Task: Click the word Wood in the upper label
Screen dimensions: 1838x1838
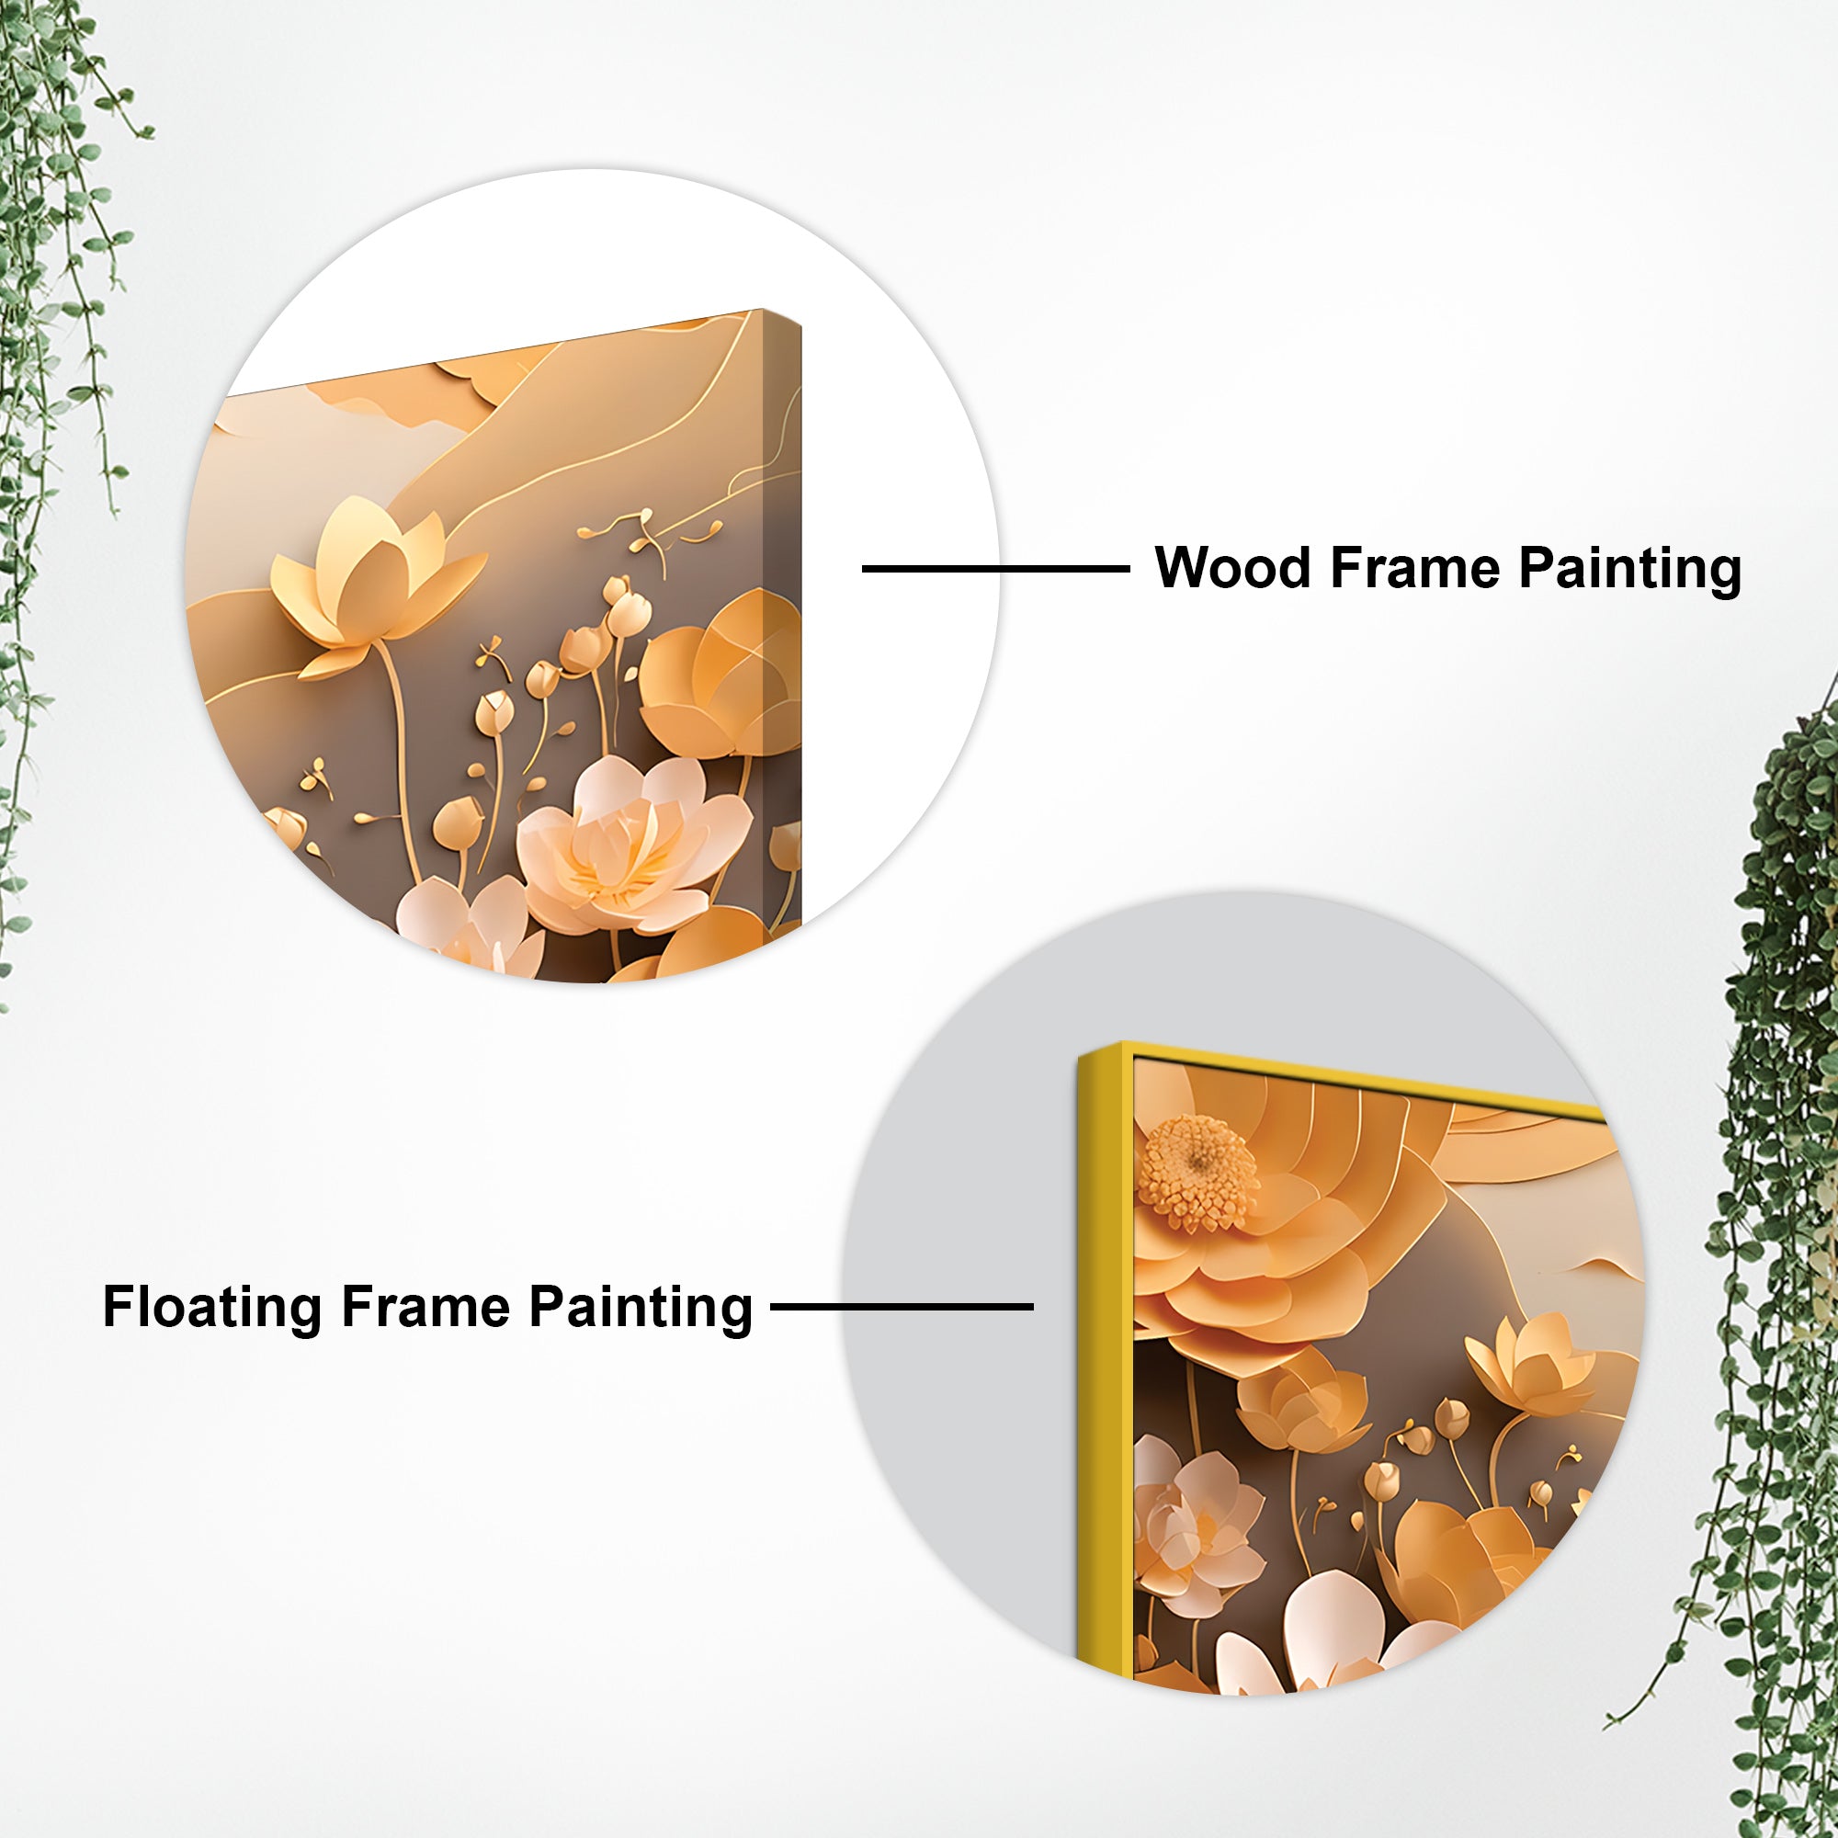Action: point(1234,568)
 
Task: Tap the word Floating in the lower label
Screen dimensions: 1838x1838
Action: point(212,1307)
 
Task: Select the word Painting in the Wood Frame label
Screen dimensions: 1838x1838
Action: point(1629,570)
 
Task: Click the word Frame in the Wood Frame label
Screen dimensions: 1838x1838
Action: point(1415,568)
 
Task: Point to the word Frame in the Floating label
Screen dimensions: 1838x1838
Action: point(426,1307)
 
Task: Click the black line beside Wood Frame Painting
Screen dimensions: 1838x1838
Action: point(995,569)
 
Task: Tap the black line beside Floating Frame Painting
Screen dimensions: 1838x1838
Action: point(901,1306)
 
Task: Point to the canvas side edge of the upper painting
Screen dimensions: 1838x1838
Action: point(783,618)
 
